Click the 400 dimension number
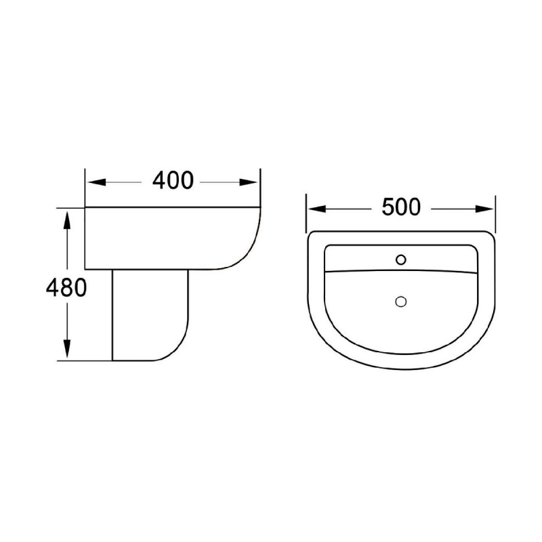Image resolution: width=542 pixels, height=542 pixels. pyautogui.click(x=173, y=181)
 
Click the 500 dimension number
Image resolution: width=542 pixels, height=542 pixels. pyautogui.click(x=401, y=207)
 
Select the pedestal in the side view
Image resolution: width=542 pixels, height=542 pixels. pyautogui.click(x=146, y=315)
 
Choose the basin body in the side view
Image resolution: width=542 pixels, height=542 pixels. pyautogui.click(x=163, y=237)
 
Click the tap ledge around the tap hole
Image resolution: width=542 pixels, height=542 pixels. pyautogui.click(x=366, y=258)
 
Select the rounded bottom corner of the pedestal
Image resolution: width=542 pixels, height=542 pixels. pyautogui.click(x=178, y=349)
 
